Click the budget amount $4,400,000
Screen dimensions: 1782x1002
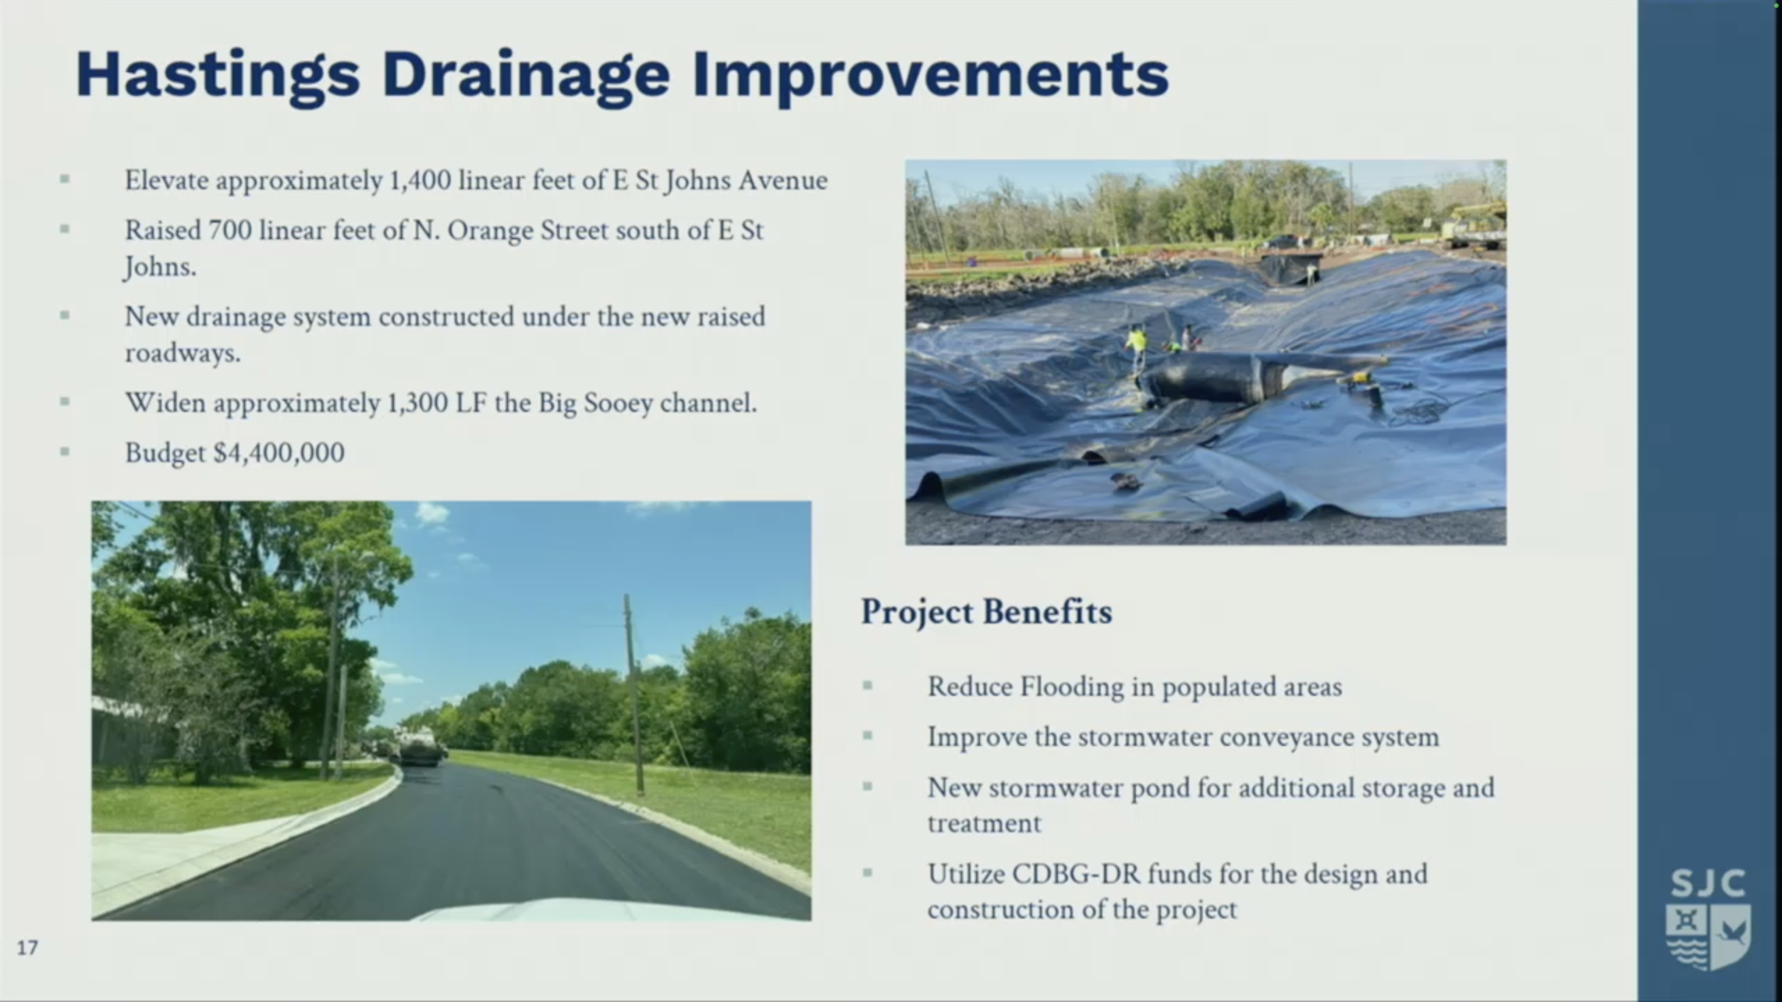point(279,453)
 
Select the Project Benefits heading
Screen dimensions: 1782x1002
point(986,612)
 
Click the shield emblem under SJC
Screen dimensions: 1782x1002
point(1708,936)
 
